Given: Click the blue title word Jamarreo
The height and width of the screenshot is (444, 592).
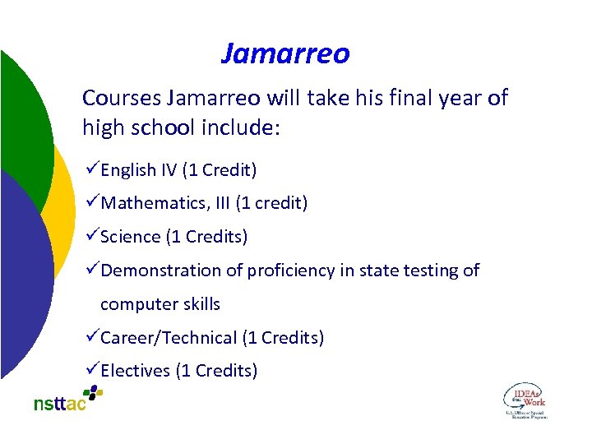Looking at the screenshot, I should coord(285,54).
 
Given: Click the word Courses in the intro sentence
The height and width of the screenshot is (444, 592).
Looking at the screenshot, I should coord(121,99).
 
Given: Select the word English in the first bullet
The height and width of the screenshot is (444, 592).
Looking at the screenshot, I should coord(128,170).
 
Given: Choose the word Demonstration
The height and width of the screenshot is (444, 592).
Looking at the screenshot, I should coord(164,271).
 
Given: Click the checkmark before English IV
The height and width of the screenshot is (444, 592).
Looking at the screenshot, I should coord(90,169).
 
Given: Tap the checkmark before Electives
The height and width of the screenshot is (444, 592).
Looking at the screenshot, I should coord(90,370).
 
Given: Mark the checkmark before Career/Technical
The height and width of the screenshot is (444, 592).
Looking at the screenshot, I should coord(90,337).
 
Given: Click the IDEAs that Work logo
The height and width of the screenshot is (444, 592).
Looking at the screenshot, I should coord(524,400).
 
